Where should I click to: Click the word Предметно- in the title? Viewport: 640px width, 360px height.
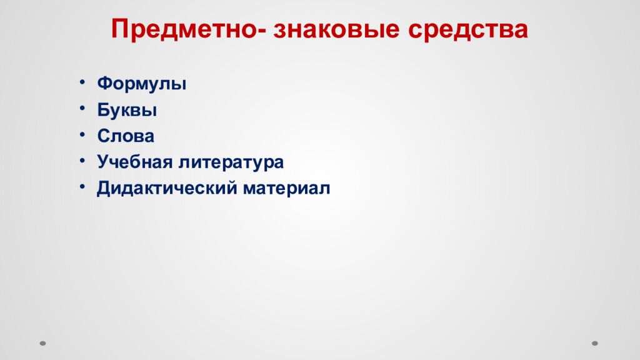pos(188,29)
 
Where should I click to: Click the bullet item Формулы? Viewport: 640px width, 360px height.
pos(142,84)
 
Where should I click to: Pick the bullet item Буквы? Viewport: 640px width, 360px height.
pos(127,111)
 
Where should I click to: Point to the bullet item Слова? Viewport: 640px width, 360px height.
pos(126,136)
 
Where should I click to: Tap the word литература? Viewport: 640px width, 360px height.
pos(231,162)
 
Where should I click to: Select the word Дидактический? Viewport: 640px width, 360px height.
pos(163,189)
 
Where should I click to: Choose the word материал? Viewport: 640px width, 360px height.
pos(282,189)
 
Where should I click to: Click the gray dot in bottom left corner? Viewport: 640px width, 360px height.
pos(43,342)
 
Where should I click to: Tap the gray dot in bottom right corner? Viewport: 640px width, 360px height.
pos(595,342)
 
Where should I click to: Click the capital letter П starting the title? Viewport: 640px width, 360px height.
pos(119,29)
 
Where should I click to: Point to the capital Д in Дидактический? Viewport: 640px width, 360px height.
pos(103,189)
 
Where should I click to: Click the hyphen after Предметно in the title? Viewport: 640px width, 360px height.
pos(264,32)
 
